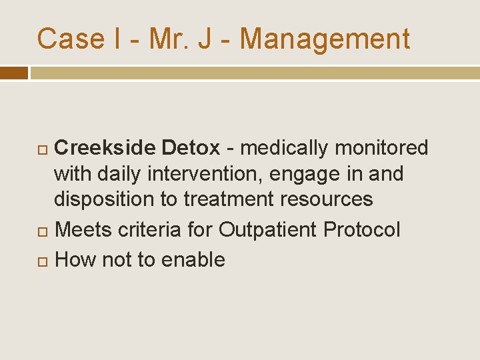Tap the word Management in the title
(x=325, y=39)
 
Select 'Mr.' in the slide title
(x=171, y=39)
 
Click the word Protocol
(x=362, y=230)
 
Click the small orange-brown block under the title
(x=13, y=73)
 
